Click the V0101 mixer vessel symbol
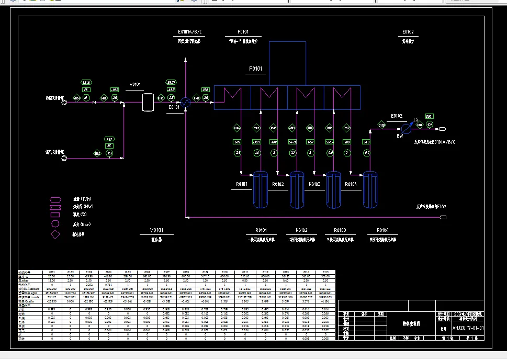pos(148,103)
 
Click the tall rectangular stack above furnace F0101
pos(287,63)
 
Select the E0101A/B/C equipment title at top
pos(189,32)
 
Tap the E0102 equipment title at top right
pos(408,32)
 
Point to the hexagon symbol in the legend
pos(55,199)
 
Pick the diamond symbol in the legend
pos(55,234)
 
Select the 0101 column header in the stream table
pos(52,272)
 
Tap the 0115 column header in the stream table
pos(325,272)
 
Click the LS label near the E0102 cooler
pos(416,120)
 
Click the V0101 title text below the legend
pos(156,230)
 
